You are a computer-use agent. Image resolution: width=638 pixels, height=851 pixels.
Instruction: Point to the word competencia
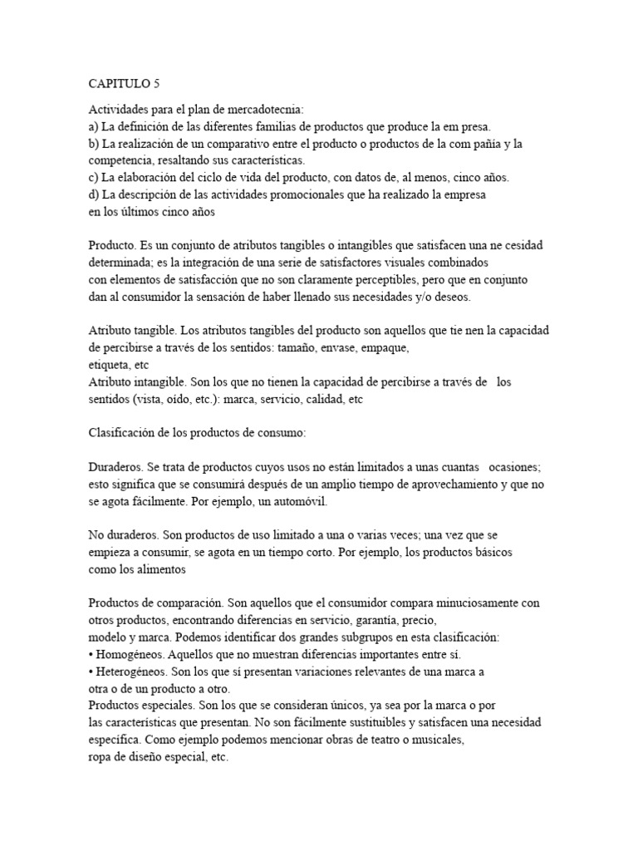120,160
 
